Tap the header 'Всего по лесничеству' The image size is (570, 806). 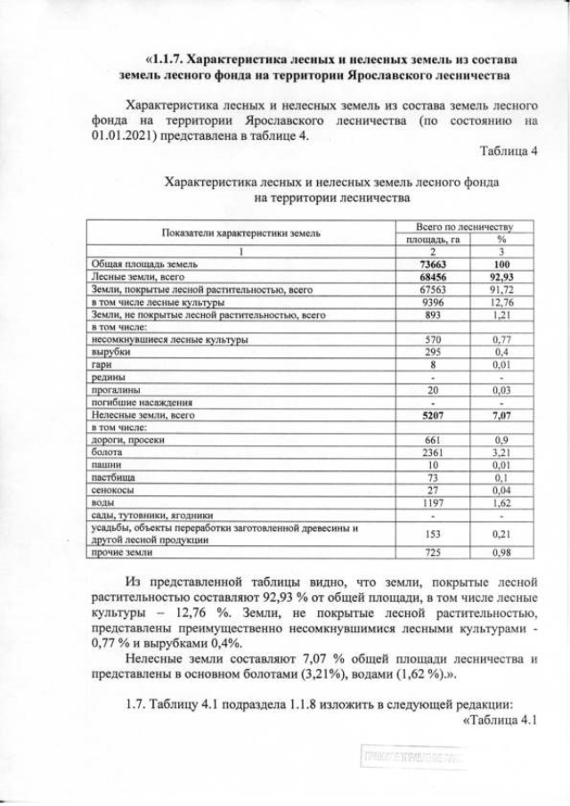[x=466, y=227]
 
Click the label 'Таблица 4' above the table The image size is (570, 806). [x=509, y=150]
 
